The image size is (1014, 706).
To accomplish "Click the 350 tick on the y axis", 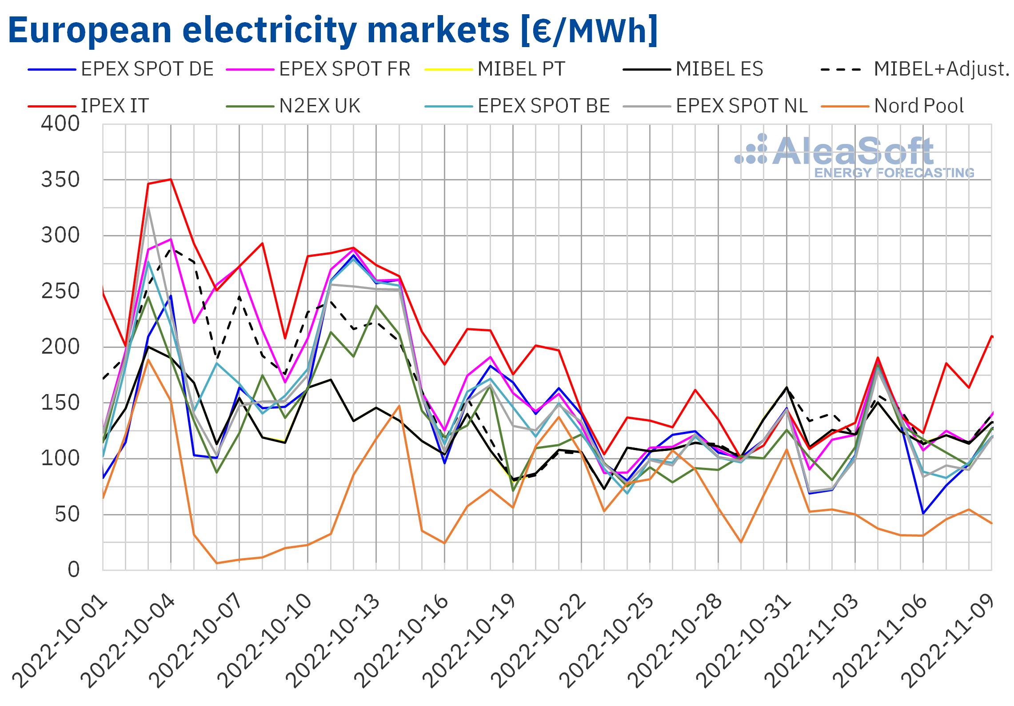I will point(60,180).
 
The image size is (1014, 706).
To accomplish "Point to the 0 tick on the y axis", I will point(74,570).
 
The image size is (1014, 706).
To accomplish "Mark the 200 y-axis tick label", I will point(60,347).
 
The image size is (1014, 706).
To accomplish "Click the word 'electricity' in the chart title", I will point(269,30).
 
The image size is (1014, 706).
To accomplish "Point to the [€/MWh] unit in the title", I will point(589,30).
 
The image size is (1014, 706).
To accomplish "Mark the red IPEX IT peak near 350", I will point(171,179).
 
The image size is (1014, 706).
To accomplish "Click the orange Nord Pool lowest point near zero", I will point(217,563).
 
